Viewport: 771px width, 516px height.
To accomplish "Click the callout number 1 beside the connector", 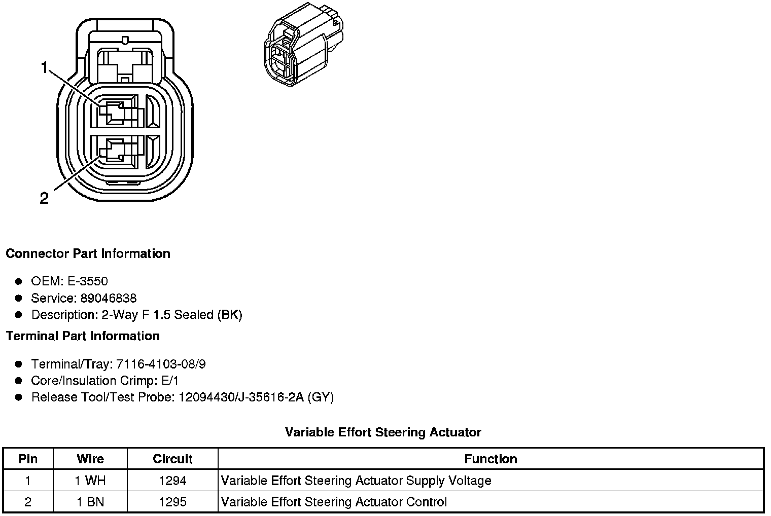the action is tap(45, 67).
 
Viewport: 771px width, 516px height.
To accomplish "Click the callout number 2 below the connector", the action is tap(44, 198).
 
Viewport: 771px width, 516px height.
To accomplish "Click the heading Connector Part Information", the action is tap(88, 253).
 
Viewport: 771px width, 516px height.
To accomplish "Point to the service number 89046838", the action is tap(108, 298).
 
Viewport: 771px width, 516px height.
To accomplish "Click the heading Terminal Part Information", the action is tap(83, 336).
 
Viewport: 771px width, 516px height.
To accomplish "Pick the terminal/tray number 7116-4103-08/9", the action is tap(161, 364).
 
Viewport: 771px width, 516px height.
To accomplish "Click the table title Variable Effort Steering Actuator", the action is tap(383, 432).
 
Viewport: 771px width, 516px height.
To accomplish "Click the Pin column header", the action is tap(28, 459).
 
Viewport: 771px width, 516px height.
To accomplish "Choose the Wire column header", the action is tap(90, 459).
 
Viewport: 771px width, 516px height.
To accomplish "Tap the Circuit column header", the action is tap(172, 459).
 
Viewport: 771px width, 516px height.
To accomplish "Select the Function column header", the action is tap(490, 459).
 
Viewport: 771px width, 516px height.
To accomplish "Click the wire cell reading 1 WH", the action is tap(90, 481).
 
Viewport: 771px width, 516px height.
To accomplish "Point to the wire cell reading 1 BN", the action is tap(90, 502).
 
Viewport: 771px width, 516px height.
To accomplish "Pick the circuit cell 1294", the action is tap(172, 481).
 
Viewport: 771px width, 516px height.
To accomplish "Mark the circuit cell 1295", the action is tap(172, 502).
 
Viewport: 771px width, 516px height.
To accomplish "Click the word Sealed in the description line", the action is tap(194, 315).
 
